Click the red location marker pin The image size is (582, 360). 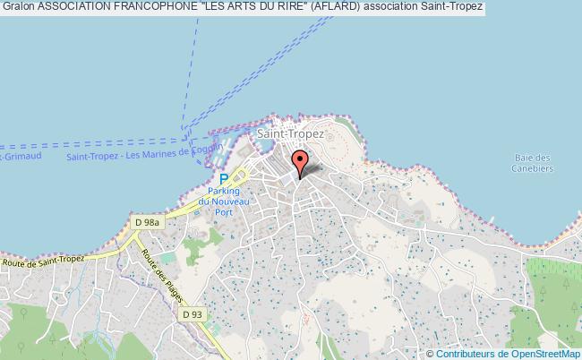tap(301, 161)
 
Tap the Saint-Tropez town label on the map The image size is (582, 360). tap(284, 133)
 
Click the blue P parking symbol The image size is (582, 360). tap(223, 178)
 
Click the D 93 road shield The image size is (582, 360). tap(192, 314)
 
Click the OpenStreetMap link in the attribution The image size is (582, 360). tap(543, 352)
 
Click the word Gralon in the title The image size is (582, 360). tap(18, 7)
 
